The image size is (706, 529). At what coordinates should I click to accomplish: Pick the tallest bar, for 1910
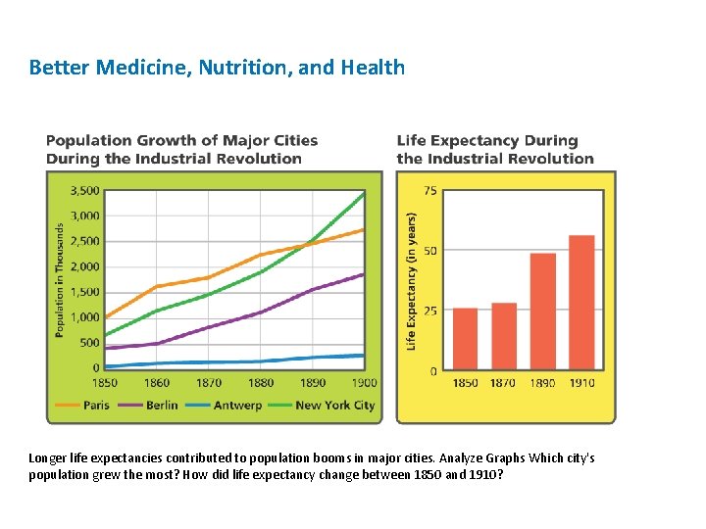(581, 303)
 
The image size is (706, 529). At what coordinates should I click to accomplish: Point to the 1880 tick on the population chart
(261, 382)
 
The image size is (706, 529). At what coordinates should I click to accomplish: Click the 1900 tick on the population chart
(363, 382)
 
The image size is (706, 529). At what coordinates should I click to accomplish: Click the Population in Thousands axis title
(59, 280)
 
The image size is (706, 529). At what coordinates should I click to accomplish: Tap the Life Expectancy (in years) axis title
(411, 280)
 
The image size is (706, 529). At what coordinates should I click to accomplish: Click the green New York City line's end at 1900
(364, 193)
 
